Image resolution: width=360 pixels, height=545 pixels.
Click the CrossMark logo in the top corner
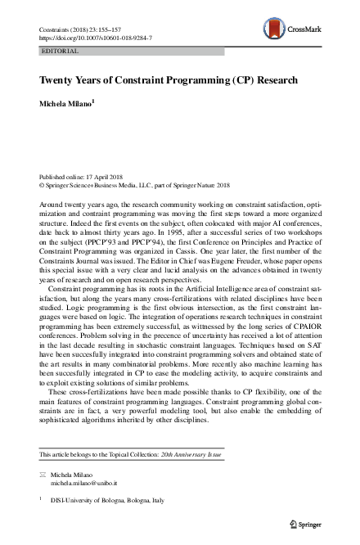point(300,29)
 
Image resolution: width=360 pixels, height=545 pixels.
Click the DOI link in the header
point(95,38)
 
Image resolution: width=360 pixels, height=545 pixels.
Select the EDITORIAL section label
point(60,51)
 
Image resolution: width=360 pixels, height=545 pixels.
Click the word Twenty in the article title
point(57,81)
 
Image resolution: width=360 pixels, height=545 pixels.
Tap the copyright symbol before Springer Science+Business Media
point(43,186)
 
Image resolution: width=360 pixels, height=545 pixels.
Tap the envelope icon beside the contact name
point(43,475)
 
